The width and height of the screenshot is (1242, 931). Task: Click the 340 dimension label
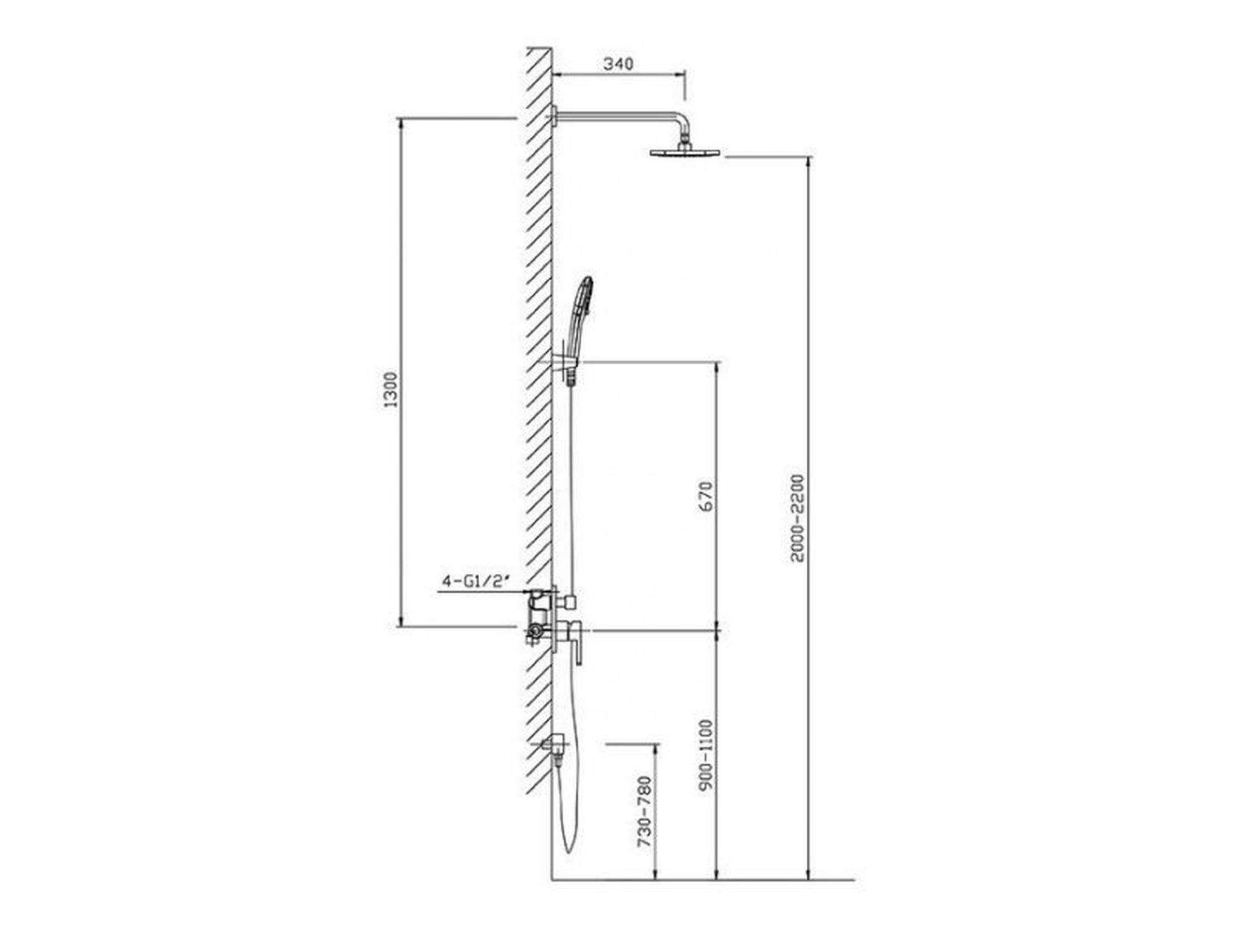[618, 64]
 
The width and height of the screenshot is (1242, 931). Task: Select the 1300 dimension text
[390, 389]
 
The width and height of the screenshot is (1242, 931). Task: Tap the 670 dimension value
[706, 496]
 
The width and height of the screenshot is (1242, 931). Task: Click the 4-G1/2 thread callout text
[476, 582]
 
